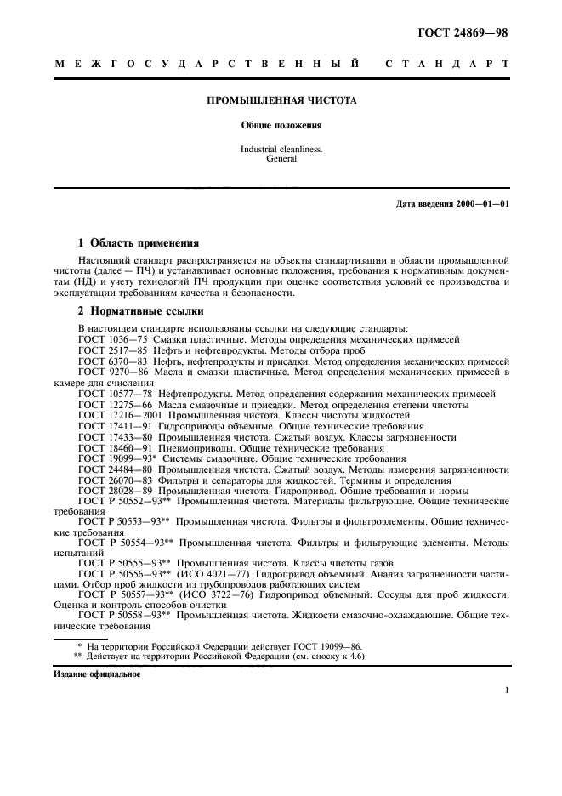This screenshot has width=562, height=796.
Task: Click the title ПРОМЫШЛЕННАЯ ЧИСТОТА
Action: click(x=281, y=100)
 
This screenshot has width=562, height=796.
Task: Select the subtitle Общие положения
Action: click(x=281, y=126)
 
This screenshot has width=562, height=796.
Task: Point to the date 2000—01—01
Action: click(x=482, y=204)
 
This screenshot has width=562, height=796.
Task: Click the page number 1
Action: click(x=507, y=691)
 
